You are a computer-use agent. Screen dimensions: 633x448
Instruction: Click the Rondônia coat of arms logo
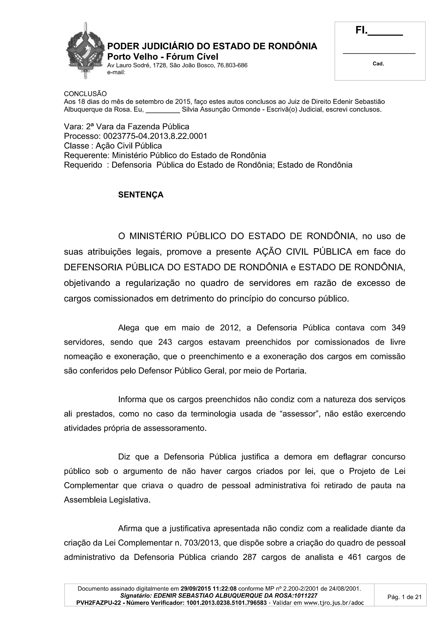click(x=86, y=51)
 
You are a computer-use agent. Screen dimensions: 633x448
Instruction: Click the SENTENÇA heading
click(x=141, y=195)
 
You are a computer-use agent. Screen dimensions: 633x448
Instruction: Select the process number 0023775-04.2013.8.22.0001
click(x=155, y=136)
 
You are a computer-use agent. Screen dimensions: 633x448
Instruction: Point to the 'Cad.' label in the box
click(x=378, y=64)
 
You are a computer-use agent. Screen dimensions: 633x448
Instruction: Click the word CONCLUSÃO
click(x=85, y=94)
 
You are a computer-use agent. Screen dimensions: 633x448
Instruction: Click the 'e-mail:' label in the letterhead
click(x=116, y=72)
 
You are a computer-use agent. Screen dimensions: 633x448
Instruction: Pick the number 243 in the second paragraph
click(x=165, y=342)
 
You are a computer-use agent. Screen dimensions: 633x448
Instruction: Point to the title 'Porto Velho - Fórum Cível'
click(x=163, y=57)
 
